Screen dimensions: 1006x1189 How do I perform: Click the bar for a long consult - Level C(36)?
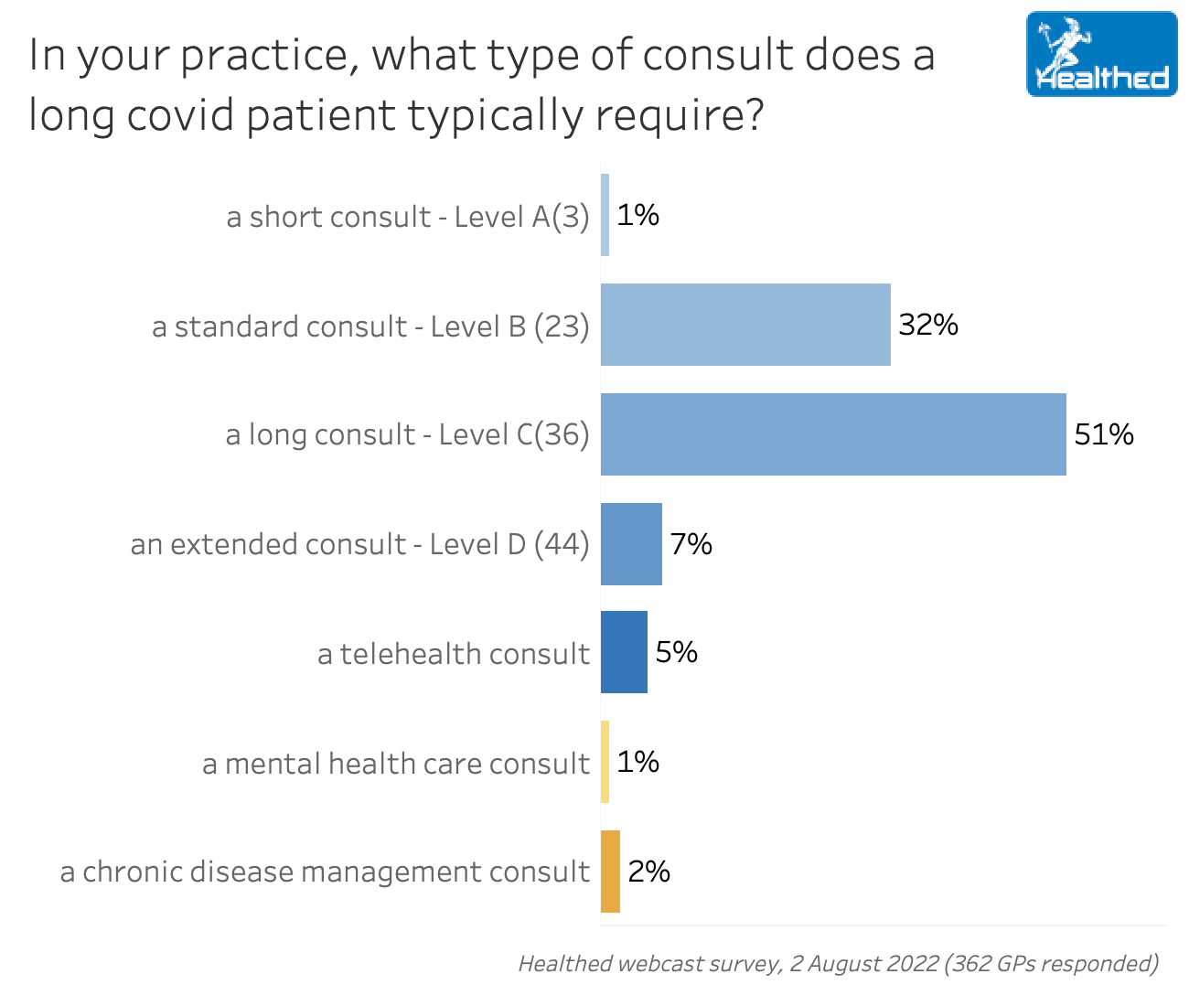[x=833, y=434]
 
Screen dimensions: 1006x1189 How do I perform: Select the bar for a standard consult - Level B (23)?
[x=745, y=325]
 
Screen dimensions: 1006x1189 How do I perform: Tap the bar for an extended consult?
[x=631, y=544]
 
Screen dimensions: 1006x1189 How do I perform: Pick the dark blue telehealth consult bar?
[x=624, y=652]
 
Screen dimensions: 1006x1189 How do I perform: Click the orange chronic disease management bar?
[x=610, y=872]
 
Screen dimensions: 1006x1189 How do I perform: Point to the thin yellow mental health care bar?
[x=605, y=762]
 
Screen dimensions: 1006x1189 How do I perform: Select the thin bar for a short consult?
[x=605, y=215]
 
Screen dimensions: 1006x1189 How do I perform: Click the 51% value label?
[x=1104, y=434]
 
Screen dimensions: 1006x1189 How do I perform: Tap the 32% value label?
[x=928, y=325]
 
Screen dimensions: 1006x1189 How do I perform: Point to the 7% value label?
[x=691, y=544]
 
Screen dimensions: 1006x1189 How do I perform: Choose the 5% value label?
[x=677, y=652]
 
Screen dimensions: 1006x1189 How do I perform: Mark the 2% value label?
[x=648, y=872]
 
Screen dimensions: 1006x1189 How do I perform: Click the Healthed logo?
[x=1101, y=54]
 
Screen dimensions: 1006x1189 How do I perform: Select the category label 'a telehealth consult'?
[x=454, y=654]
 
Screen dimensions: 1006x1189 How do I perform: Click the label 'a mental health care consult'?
[x=396, y=764]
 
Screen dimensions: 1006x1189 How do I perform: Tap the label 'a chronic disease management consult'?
[x=325, y=872]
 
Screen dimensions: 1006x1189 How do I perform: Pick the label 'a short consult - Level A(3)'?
[x=408, y=217]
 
